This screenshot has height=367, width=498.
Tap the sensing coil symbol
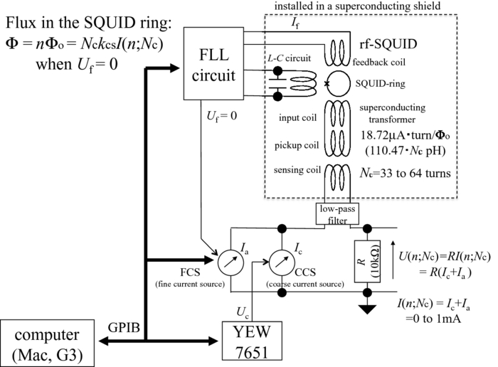click(x=334, y=176)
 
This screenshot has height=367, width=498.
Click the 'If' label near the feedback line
click(x=295, y=25)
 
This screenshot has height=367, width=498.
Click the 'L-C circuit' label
click(x=282, y=56)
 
